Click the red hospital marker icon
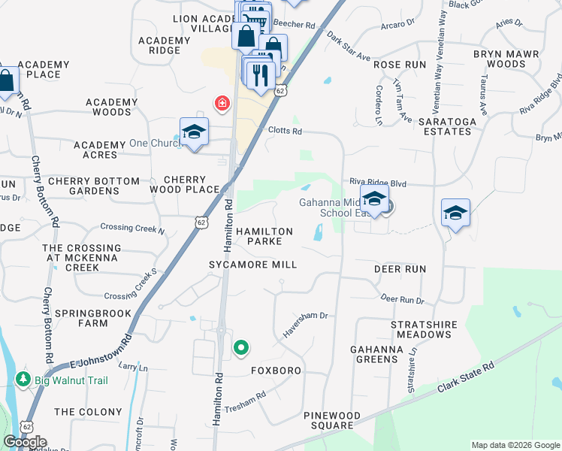[x=222, y=104]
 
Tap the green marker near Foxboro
[x=241, y=347]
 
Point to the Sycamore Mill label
[x=253, y=265]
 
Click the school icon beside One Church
[x=194, y=132]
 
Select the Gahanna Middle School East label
[x=332, y=207]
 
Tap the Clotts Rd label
[x=285, y=131]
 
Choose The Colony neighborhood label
[x=88, y=412]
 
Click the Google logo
[x=25, y=442]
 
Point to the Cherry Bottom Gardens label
[x=93, y=186]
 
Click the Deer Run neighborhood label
[x=400, y=269]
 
